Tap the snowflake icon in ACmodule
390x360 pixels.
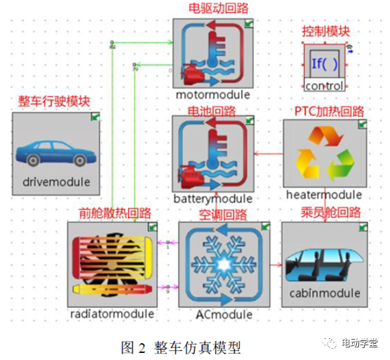tap(222, 264)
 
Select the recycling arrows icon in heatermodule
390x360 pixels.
tap(325, 153)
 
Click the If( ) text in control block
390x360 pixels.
tap(325, 64)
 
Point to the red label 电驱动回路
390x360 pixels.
tap(213, 9)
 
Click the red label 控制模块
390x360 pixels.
tap(326, 31)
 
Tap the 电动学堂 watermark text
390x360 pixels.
tap(360, 342)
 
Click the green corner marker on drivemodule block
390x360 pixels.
tap(95, 117)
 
